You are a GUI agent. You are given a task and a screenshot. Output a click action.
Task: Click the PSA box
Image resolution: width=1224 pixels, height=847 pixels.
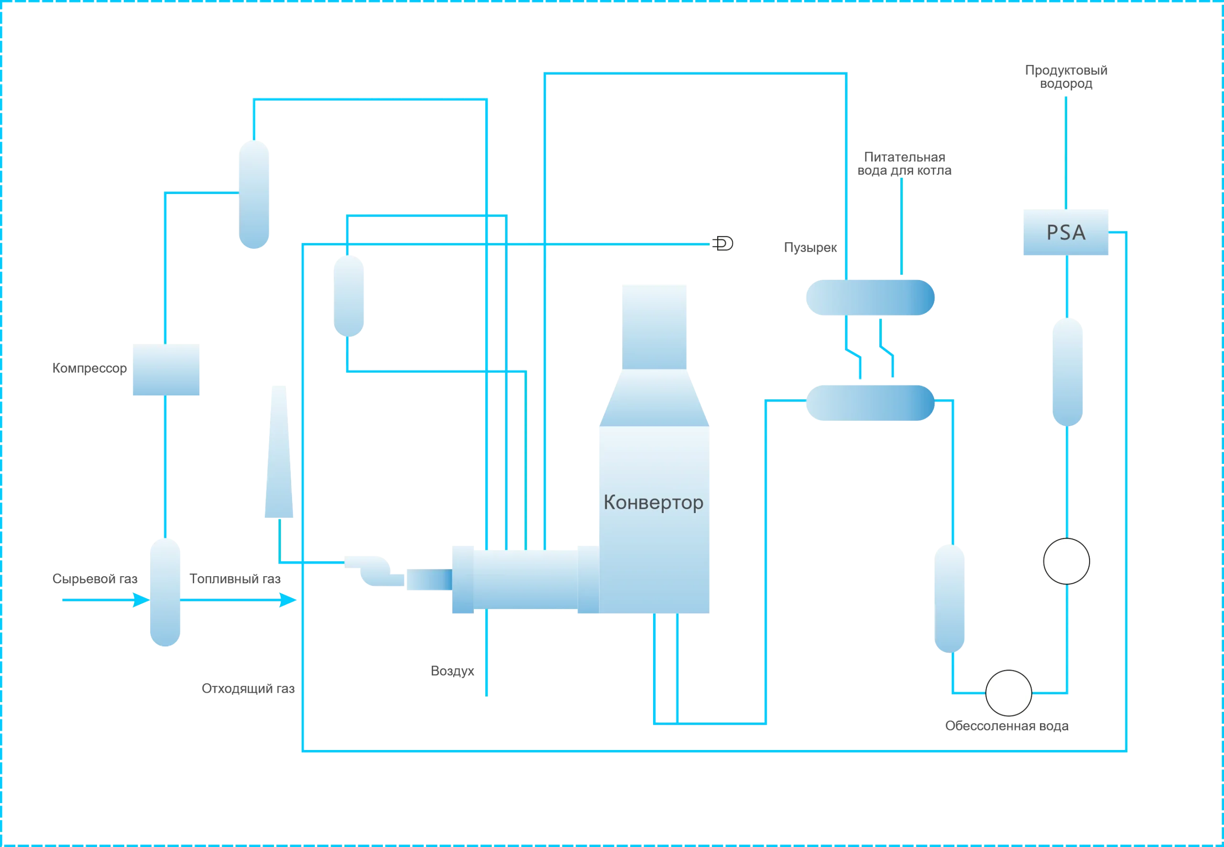coord(1065,231)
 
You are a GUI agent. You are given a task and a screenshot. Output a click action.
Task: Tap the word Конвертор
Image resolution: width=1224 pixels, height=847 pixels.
coord(653,502)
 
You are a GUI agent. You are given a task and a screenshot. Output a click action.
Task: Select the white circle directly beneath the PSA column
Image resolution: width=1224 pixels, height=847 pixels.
coord(1066,561)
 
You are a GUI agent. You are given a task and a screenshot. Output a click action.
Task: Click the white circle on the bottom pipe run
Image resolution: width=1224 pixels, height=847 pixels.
coord(1008,693)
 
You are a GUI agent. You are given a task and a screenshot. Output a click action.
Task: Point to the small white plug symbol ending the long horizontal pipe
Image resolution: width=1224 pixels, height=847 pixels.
coord(723,244)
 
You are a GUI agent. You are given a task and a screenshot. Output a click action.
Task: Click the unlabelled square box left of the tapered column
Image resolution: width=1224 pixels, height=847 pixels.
coord(166,368)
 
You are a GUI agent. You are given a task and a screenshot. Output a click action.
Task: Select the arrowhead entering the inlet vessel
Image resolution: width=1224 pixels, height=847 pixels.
coord(141,600)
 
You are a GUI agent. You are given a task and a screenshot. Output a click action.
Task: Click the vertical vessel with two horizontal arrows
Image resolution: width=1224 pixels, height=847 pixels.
coord(166,592)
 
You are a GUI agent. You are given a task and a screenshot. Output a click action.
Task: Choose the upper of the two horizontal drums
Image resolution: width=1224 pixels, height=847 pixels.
coord(869,298)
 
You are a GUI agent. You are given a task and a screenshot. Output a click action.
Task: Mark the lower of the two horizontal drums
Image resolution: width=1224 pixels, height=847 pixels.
coord(870,403)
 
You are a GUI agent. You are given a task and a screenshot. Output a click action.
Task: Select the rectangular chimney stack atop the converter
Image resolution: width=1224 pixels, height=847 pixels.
coord(654,326)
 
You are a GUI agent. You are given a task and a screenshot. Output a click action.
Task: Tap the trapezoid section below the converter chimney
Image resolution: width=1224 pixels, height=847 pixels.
coord(654,398)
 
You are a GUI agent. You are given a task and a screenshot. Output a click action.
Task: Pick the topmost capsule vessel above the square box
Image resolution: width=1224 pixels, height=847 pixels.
coord(254,193)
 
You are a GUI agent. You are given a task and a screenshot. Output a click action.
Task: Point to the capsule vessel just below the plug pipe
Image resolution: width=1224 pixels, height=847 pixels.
coord(350,295)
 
